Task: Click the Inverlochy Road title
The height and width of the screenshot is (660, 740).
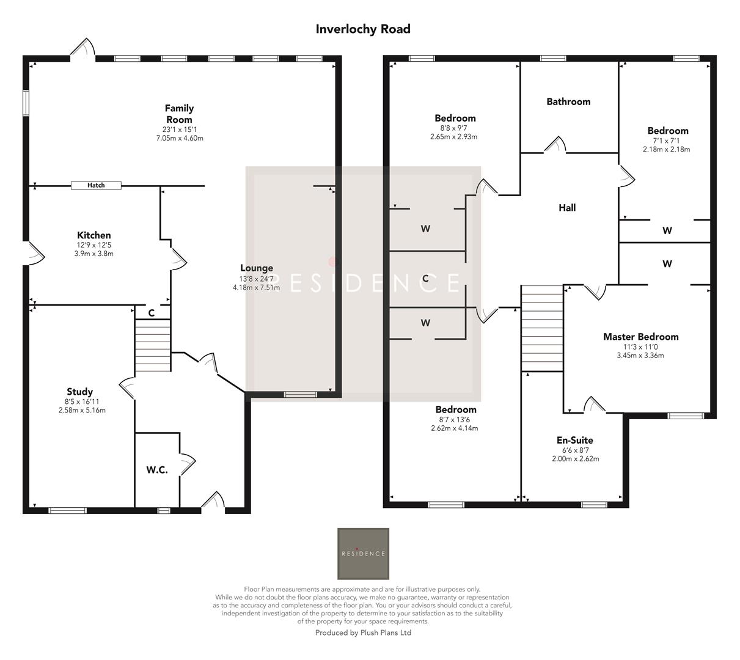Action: point(363,29)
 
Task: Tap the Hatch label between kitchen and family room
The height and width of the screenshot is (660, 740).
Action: point(96,185)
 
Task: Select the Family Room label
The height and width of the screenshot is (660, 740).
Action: point(179,114)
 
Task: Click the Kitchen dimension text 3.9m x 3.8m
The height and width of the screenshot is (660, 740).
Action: point(94,254)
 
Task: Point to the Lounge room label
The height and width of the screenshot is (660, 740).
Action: point(257,268)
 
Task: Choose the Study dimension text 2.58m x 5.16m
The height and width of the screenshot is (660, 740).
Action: point(82,410)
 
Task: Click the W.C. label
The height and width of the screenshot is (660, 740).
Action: point(157,470)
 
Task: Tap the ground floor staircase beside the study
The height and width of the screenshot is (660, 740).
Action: point(153,345)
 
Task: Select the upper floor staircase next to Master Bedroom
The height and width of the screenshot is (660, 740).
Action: point(541,328)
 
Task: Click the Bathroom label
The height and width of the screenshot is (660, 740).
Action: point(568,102)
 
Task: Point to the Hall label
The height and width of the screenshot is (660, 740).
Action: point(567,208)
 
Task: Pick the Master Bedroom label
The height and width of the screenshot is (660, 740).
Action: point(640,337)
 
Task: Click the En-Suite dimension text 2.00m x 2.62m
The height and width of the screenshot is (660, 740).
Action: point(575,459)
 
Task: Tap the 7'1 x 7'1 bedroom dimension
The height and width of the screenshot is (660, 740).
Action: point(666,141)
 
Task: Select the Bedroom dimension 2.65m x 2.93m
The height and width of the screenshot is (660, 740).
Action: point(453,137)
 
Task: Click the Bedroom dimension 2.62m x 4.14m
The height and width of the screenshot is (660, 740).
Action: point(455,428)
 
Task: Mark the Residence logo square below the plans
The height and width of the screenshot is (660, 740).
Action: point(363,553)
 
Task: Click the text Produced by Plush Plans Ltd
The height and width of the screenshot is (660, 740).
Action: point(363,632)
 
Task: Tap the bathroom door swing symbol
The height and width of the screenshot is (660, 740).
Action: point(555,145)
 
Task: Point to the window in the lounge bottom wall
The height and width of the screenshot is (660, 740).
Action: point(300,394)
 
